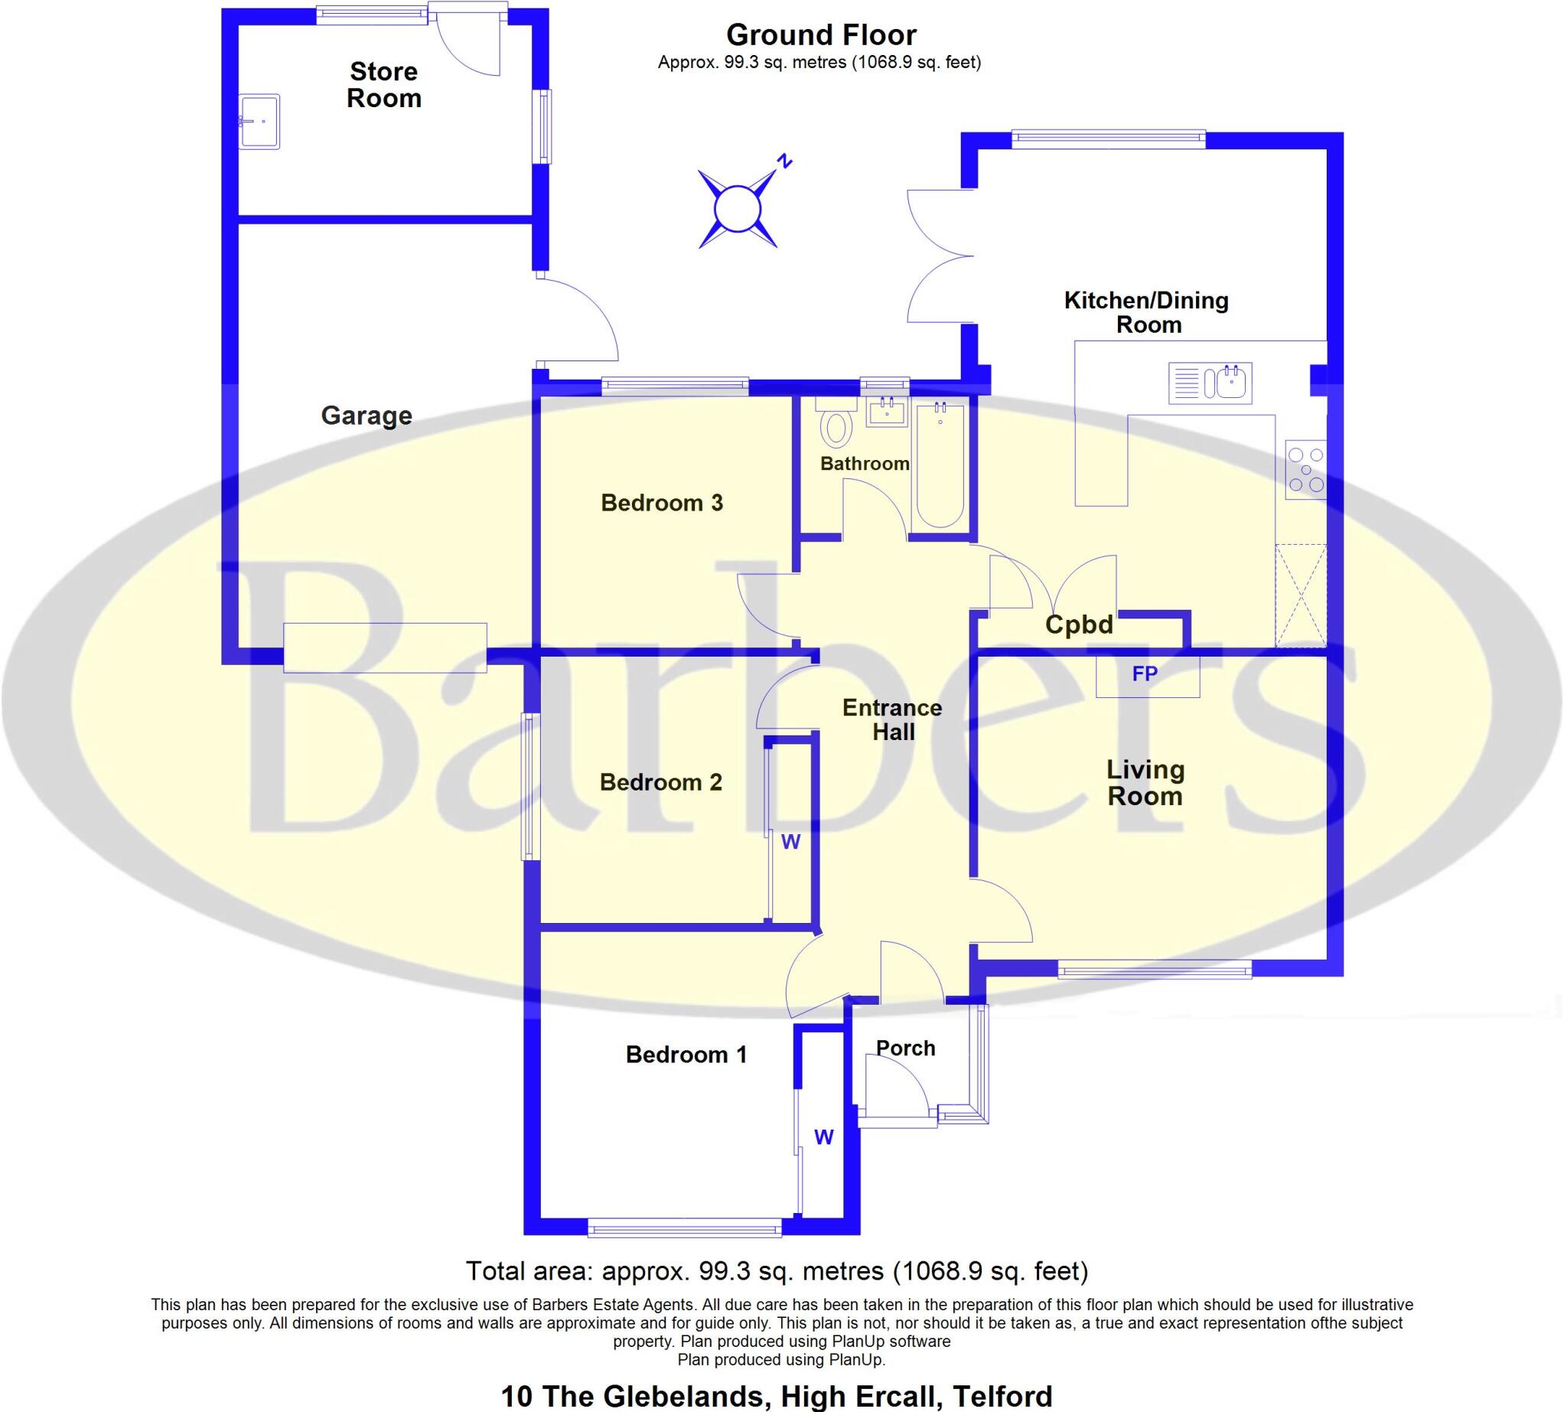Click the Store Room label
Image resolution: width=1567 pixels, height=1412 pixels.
click(x=384, y=84)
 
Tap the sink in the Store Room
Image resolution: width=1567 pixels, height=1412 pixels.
click(x=259, y=121)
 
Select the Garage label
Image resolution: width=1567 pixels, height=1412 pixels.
click(x=367, y=416)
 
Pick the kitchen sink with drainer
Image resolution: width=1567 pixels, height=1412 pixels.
click(x=1210, y=383)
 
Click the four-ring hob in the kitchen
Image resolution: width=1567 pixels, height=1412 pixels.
click(x=1306, y=469)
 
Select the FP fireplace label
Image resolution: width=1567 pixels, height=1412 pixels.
click(x=1145, y=673)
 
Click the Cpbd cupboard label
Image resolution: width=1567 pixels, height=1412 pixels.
click(x=1078, y=624)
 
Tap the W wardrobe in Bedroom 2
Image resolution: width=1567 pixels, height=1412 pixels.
click(x=790, y=842)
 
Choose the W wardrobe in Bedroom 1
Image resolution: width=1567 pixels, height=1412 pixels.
click(x=824, y=1137)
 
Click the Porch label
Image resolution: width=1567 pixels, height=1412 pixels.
click(x=905, y=1048)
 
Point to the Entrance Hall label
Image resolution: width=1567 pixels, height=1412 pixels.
click(x=892, y=719)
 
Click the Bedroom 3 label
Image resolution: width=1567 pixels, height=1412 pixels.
click(x=662, y=503)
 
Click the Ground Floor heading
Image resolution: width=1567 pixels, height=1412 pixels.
click(x=821, y=35)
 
